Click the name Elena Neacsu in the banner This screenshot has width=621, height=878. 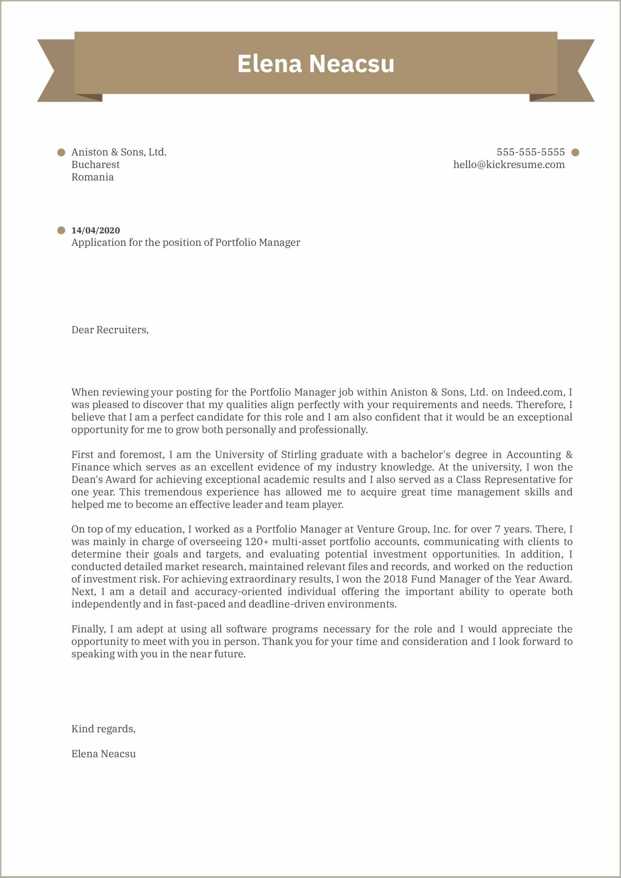point(316,64)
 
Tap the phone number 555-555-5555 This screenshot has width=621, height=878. point(530,152)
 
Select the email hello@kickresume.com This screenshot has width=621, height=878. point(509,165)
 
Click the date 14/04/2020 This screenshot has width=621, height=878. point(96,231)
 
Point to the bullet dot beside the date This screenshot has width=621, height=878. point(62,231)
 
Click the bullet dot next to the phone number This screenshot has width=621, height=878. point(575,153)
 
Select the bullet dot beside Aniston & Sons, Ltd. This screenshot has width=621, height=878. point(62,152)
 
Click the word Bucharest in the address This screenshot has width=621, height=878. point(95,165)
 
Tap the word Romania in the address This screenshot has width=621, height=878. point(92,177)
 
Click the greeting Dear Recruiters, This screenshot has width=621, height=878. point(110,330)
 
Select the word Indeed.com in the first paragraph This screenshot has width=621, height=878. point(535,392)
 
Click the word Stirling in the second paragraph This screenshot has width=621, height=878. point(298,455)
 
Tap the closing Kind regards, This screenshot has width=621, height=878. point(103,729)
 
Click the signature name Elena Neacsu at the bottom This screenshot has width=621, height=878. point(103,754)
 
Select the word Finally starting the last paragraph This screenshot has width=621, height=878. point(88,629)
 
